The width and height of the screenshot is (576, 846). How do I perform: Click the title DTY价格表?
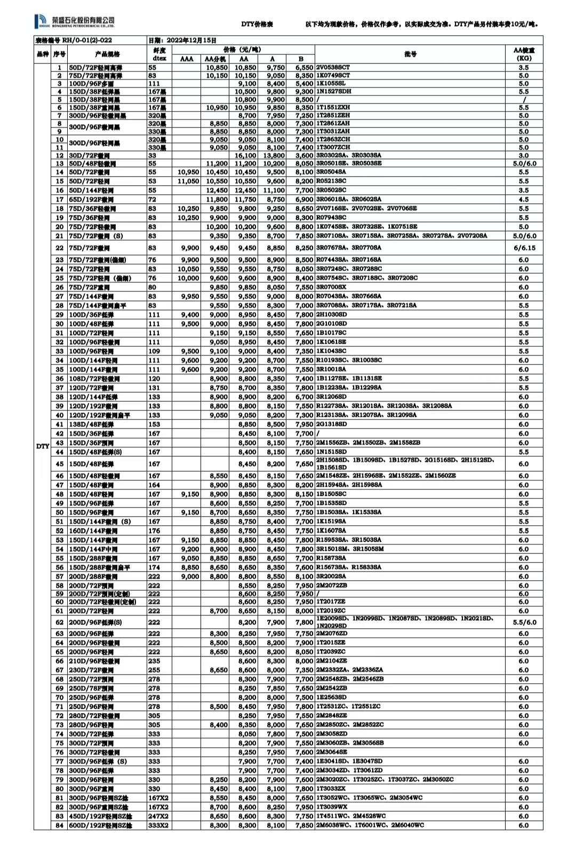tap(257, 25)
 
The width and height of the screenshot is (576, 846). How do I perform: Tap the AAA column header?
tap(187, 59)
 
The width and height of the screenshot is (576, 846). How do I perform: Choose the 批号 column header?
tap(410, 54)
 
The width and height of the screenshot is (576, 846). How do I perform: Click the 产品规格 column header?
tap(107, 54)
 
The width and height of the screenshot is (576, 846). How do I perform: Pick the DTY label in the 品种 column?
tap(43, 446)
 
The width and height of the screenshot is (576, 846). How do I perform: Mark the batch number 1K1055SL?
tap(331, 83)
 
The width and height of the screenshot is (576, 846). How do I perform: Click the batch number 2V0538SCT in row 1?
tap(333, 68)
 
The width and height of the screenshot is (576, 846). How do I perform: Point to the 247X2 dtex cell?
tap(158, 816)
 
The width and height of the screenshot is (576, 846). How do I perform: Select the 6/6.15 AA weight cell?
tap(524, 248)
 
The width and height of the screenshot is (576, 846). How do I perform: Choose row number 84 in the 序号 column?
tap(59, 825)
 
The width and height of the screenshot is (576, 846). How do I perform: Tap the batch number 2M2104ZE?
tap(331, 661)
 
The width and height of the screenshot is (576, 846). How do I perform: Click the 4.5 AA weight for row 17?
tap(524, 200)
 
